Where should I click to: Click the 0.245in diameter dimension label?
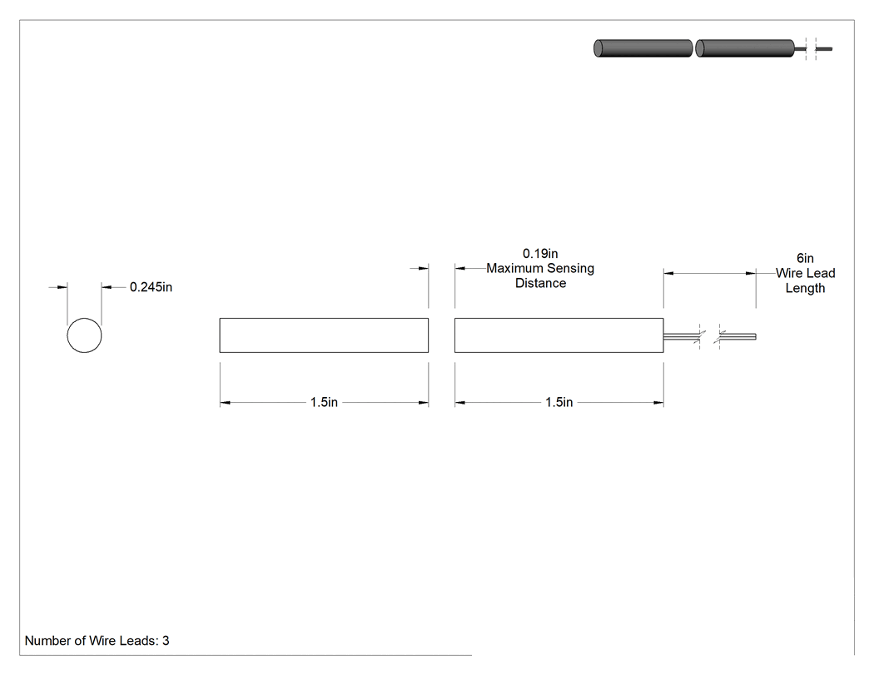tap(151, 287)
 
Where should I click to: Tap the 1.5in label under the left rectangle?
tap(324, 403)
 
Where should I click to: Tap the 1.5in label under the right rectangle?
tap(559, 403)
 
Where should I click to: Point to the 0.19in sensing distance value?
tap(540, 254)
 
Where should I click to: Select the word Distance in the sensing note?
tap(541, 283)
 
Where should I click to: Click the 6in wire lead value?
tap(805, 258)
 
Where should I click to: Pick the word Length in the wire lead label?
tap(805, 288)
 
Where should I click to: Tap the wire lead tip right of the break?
tap(755, 336)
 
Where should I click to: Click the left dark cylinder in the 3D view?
tap(643, 48)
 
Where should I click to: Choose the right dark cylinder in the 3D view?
tap(745, 48)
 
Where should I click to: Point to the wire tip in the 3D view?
tap(831, 49)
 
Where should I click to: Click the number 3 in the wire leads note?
tap(166, 641)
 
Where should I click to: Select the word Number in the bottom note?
tap(45, 641)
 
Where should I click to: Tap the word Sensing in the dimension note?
tap(570, 269)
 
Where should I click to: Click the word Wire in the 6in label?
tap(788, 273)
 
